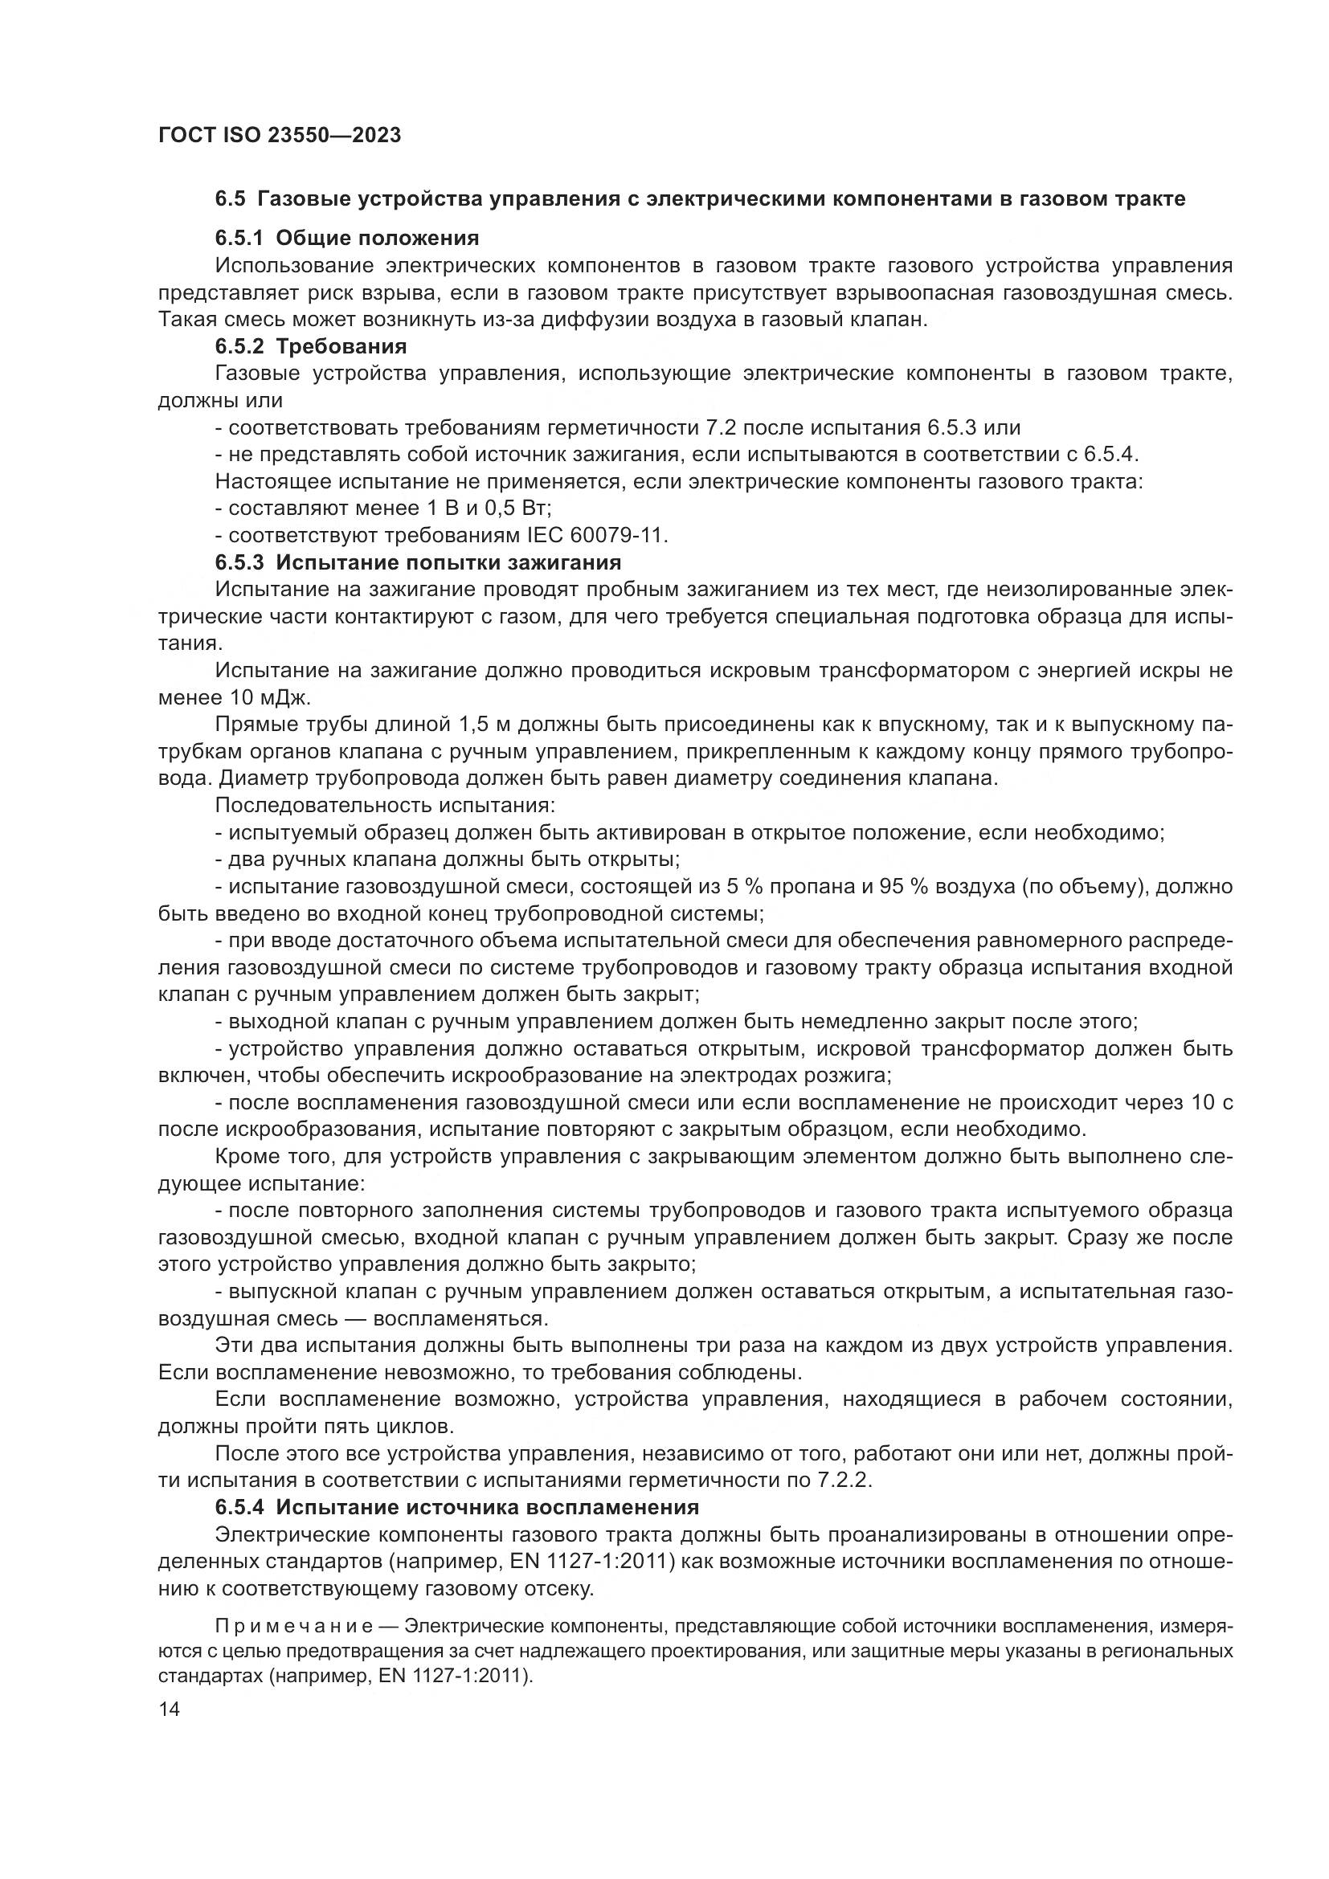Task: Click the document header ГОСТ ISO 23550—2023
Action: pos(279,136)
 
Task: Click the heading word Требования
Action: pos(341,346)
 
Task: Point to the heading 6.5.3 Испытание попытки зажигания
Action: pos(417,562)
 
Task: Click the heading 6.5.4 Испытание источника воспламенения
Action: pos(456,1506)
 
